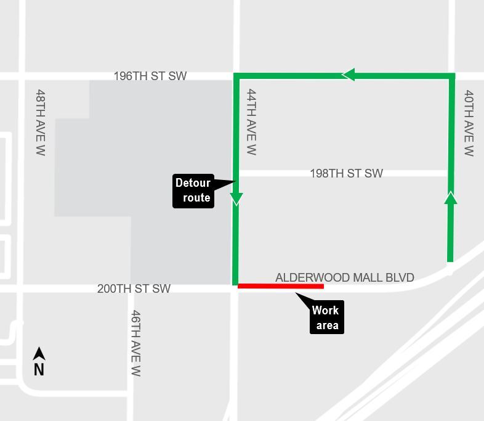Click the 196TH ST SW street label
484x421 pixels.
[x=150, y=76]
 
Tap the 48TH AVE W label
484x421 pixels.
[x=41, y=122]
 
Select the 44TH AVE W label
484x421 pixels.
[x=251, y=122]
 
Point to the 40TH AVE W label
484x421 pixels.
[x=469, y=123]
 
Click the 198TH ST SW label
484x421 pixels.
[x=346, y=173]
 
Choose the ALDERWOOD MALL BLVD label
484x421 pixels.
[x=344, y=278]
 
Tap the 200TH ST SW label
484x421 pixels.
[x=134, y=288]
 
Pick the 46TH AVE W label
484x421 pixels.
[x=136, y=343]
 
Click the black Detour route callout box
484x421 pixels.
[x=193, y=190]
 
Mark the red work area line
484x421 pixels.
[x=281, y=286]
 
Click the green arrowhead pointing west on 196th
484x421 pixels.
[x=349, y=75]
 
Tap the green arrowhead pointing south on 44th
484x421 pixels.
[x=236, y=198]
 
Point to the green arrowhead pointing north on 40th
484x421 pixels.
[x=451, y=198]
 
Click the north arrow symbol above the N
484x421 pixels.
[x=39, y=354]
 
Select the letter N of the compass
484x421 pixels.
[x=39, y=369]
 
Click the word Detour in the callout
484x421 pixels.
[x=193, y=183]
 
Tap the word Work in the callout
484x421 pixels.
[x=325, y=311]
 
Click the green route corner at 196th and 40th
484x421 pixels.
[x=452, y=76]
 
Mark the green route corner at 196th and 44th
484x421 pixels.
[x=236, y=76]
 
